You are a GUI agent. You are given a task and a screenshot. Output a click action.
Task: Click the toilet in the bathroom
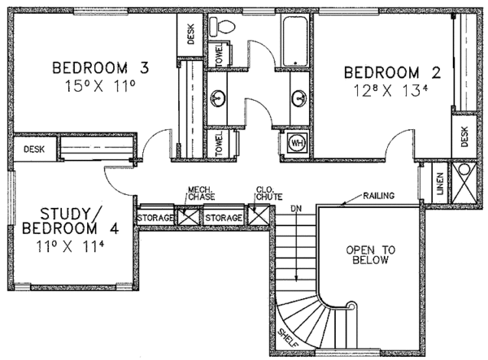point(222,26)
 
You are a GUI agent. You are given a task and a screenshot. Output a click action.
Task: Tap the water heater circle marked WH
point(297,143)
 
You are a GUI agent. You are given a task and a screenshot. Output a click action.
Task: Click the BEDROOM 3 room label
point(101,67)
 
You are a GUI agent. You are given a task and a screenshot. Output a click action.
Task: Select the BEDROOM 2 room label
point(392,73)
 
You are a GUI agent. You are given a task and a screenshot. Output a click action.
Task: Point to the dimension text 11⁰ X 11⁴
point(70,246)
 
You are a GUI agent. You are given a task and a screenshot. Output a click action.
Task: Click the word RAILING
point(379,196)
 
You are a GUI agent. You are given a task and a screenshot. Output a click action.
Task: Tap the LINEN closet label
point(440,184)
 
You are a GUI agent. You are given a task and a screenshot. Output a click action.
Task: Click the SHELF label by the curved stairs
point(288,338)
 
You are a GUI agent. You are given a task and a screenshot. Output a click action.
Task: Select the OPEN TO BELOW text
point(370,254)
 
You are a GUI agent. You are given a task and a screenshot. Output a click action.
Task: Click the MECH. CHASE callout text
point(201,193)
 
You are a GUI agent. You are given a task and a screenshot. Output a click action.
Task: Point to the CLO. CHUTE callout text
point(269,193)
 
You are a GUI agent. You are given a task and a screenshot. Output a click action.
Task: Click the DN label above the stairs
point(296,209)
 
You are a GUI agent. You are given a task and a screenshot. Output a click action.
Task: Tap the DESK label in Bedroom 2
point(464,137)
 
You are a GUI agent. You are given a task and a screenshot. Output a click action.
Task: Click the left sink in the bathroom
point(218,98)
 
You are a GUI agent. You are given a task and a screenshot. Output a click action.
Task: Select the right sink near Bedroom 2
point(299,98)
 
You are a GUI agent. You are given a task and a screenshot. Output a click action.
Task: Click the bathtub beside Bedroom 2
point(295,41)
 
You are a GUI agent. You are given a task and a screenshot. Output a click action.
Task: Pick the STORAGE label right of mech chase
point(224,218)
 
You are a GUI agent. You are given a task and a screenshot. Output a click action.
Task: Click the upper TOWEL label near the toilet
point(219,54)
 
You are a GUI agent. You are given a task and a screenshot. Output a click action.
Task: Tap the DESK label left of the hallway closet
point(34,150)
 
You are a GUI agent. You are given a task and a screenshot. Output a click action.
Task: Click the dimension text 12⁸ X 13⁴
point(391,91)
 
